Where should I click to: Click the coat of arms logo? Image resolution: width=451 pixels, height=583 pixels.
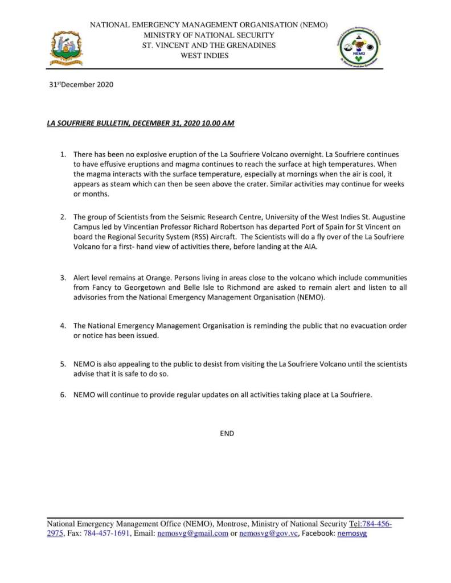(67, 48)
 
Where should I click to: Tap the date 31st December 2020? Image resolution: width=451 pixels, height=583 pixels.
(81, 85)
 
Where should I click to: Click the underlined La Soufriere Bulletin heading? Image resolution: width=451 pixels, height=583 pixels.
(140, 123)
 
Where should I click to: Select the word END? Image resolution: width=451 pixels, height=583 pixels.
(227, 433)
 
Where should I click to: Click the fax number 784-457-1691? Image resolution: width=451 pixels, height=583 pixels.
(107, 533)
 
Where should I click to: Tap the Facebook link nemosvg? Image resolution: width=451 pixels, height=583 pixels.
(352, 533)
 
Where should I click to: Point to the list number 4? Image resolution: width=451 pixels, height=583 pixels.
(64, 326)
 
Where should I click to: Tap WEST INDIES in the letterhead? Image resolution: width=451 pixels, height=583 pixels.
(204, 56)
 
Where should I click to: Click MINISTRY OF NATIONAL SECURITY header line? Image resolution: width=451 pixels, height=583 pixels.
(209, 35)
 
